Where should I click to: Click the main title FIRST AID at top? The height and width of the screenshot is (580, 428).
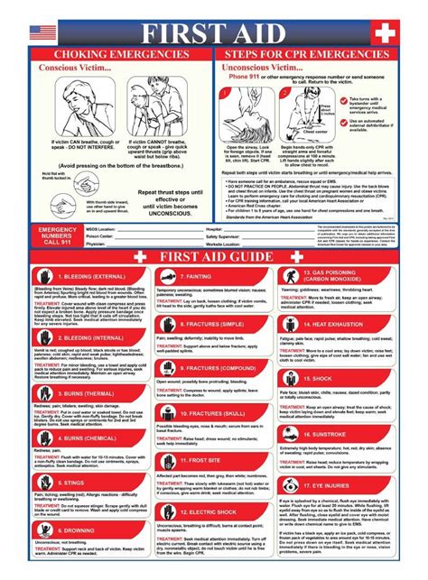point(214,33)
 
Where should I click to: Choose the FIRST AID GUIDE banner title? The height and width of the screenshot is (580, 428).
point(214,257)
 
